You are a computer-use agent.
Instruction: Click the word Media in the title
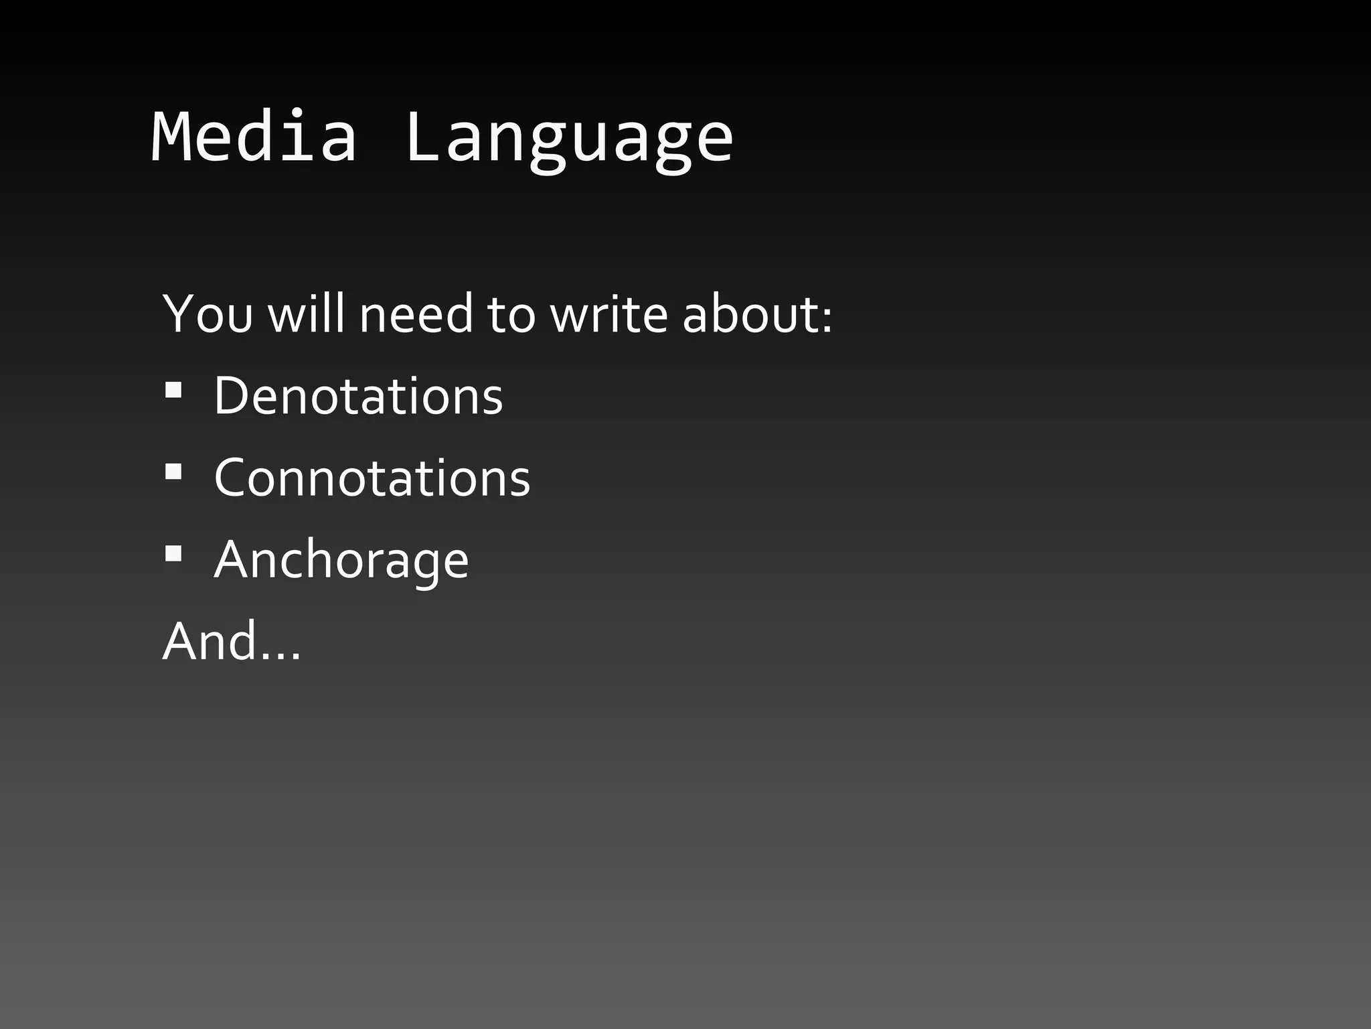point(254,137)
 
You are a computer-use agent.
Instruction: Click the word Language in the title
point(569,141)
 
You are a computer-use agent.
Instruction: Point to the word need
point(416,314)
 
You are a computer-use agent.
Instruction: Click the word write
point(609,314)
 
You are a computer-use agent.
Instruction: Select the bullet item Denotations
point(358,396)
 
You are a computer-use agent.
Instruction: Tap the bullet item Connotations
point(372,478)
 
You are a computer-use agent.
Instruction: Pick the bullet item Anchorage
point(341,560)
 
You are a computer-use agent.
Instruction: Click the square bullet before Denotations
point(173,391)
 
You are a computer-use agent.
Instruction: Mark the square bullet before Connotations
point(173,472)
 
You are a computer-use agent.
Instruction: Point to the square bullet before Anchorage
point(173,554)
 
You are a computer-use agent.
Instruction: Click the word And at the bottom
point(210,641)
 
